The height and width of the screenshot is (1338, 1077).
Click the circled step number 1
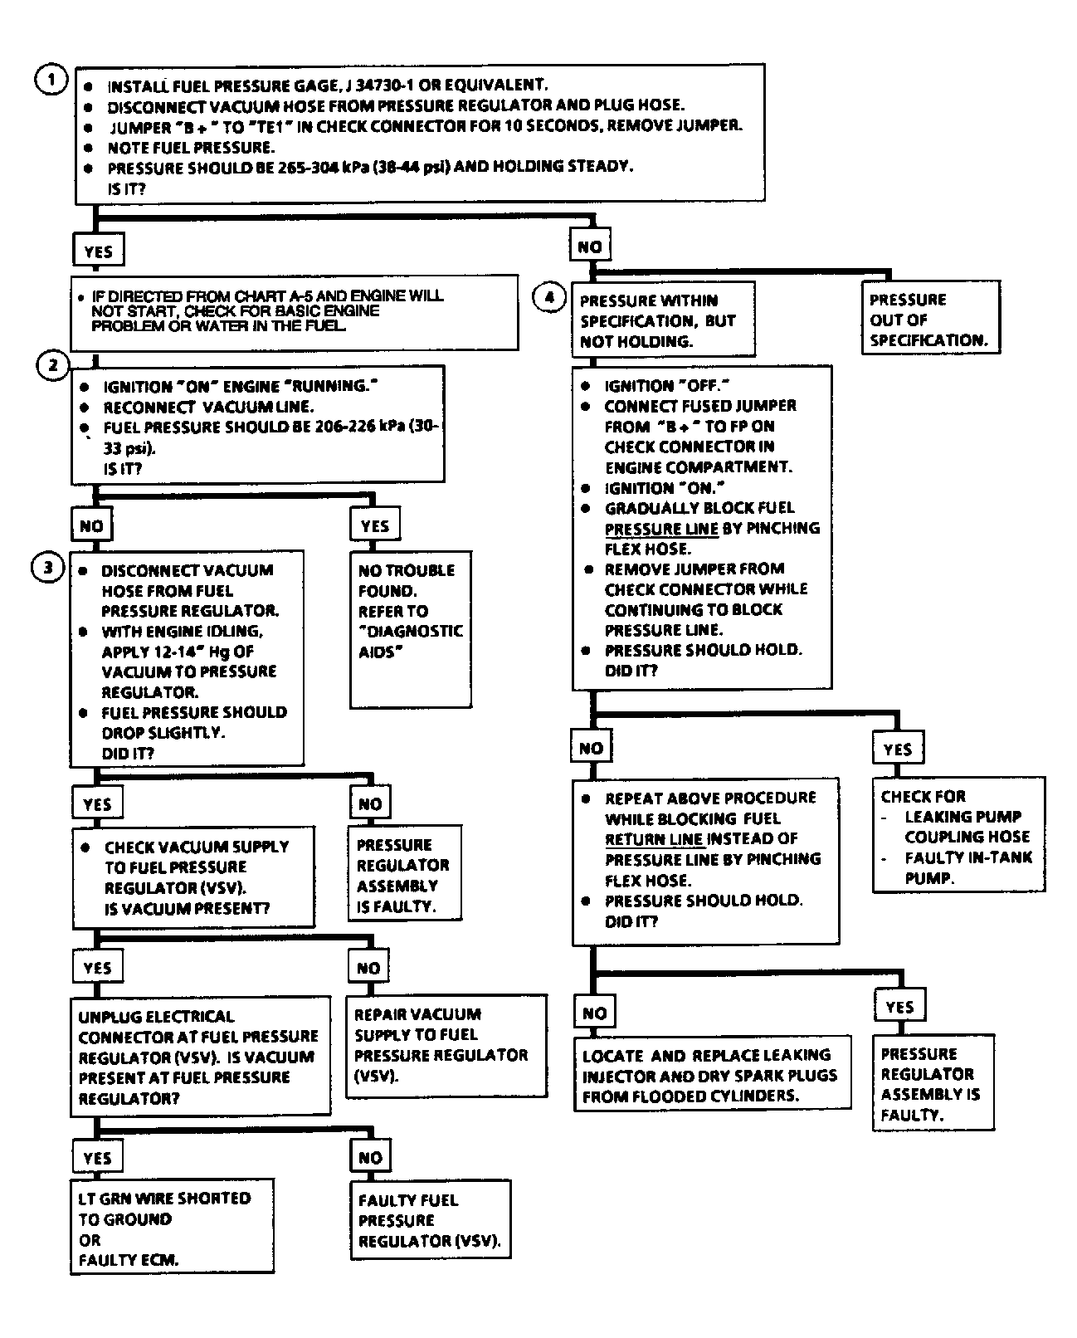pyautogui.click(x=51, y=81)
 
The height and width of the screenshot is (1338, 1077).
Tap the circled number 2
pyautogui.click(x=53, y=365)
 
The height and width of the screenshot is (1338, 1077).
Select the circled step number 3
pyautogui.click(x=47, y=568)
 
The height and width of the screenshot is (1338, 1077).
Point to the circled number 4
pyautogui.click(x=549, y=296)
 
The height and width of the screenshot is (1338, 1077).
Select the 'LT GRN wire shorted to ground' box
pyautogui.click(x=172, y=1228)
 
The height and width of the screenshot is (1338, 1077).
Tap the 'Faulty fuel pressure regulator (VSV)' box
pyautogui.click(x=429, y=1219)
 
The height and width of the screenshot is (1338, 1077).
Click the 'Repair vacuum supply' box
pyautogui.click(x=446, y=1045)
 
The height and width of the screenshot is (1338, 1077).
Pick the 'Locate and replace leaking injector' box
pyautogui.click(x=711, y=1074)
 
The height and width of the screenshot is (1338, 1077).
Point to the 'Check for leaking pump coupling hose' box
pyautogui.click(x=958, y=836)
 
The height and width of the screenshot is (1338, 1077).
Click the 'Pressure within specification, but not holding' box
pyautogui.click(x=663, y=320)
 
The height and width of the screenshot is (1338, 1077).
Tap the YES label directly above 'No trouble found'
pyautogui.click(x=375, y=525)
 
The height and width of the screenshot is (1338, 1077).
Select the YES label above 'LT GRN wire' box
pyautogui.click(x=97, y=1157)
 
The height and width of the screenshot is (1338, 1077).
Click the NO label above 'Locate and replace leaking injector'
pyautogui.click(x=594, y=1013)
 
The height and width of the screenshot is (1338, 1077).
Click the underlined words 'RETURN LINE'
pyautogui.click(x=654, y=838)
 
